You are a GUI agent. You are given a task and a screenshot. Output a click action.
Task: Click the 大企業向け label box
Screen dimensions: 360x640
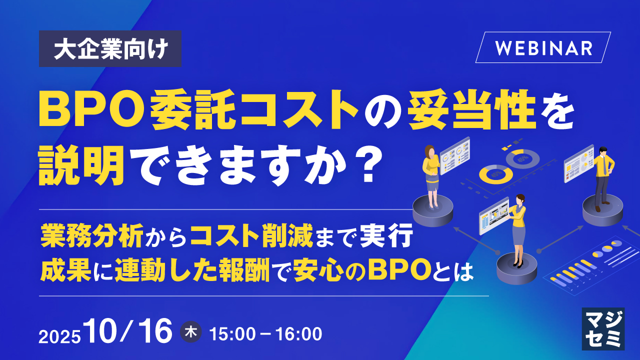[110, 48]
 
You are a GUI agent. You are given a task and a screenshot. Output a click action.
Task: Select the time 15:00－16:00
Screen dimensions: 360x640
[265, 334]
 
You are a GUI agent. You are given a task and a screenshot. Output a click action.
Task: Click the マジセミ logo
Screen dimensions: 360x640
[603, 328]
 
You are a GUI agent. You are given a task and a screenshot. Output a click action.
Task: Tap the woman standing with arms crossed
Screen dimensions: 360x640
[431, 172]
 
